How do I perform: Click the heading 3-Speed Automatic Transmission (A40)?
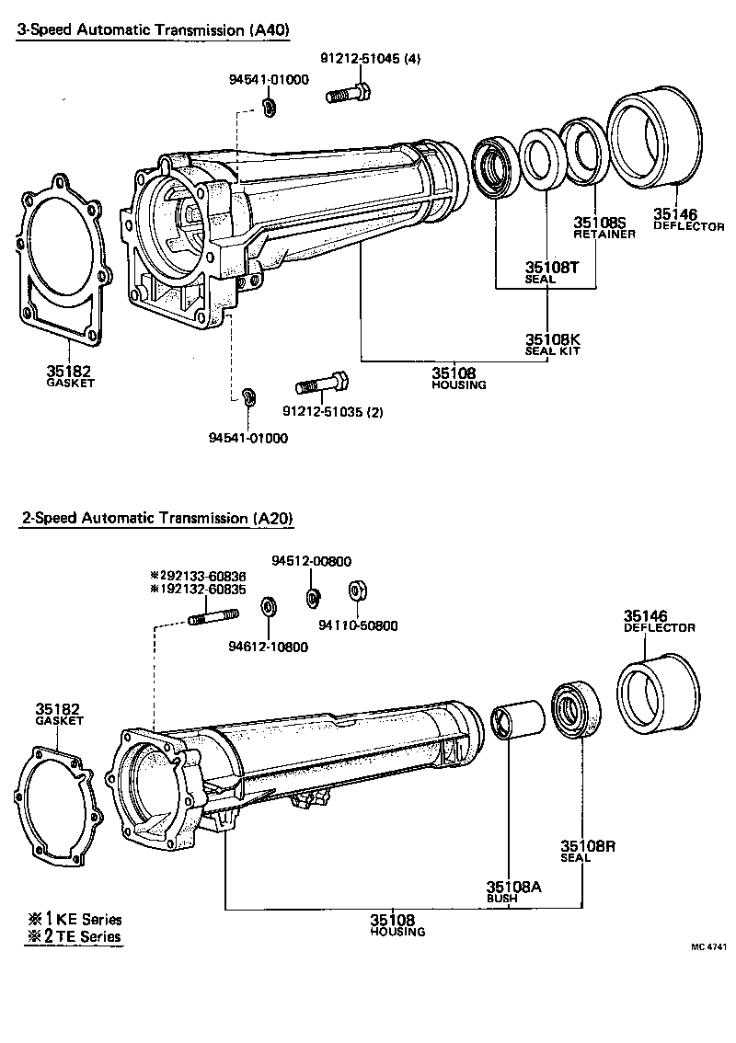point(154,29)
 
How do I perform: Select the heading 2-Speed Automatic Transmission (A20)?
point(157,518)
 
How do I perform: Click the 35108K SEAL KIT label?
point(552,343)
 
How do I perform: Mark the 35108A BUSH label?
point(514,891)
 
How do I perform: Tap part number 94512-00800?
point(311,561)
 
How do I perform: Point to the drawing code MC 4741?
point(709,946)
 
